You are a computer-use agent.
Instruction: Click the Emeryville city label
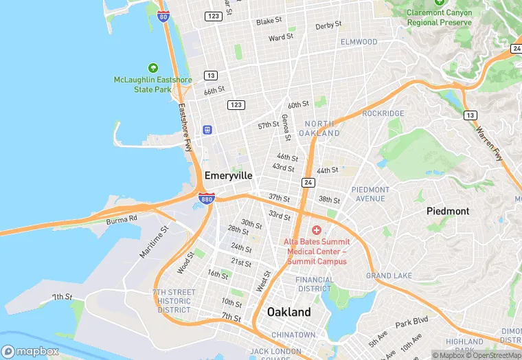click(x=228, y=175)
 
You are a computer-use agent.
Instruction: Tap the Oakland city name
click(x=288, y=312)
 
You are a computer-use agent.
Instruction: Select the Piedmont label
click(x=448, y=211)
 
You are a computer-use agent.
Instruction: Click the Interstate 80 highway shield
click(x=163, y=16)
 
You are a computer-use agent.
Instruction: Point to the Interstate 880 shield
click(x=206, y=199)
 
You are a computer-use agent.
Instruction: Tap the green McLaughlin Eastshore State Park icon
click(x=152, y=68)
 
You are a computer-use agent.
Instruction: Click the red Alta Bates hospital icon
click(x=317, y=230)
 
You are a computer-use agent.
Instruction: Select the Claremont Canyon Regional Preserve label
click(x=440, y=17)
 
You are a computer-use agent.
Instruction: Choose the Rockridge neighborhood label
click(x=383, y=113)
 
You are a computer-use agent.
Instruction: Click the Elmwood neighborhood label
click(x=359, y=42)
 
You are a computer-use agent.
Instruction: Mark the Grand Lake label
click(x=389, y=275)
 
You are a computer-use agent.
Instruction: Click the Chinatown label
click(x=293, y=335)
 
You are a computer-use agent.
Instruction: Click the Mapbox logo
click(x=31, y=350)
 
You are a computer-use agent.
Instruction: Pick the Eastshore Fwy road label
click(x=185, y=127)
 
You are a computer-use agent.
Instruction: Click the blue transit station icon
click(x=207, y=130)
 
